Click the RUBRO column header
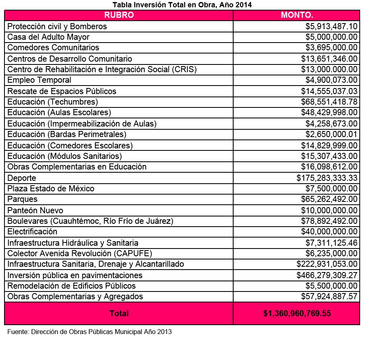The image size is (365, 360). click(119, 15)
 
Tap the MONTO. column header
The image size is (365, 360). click(297, 15)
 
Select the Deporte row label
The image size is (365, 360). click(22, 178)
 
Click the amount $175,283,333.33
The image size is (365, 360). click(327, 178)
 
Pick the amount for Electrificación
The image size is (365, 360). click(329, 231)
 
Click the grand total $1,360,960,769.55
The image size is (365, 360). click(297, 313)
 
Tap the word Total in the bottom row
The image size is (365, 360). click(119, 313)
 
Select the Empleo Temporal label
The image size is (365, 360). click(39, 80)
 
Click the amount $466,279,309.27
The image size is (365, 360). click(327, 275)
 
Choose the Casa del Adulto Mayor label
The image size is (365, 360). click(48, 37)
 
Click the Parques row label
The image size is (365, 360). click(22, 199)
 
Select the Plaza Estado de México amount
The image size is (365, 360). click(331, 189)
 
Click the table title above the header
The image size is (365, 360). click(182, 5)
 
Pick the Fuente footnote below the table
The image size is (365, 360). click(90, 332)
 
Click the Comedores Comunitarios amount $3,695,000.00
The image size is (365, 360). click(331, 47)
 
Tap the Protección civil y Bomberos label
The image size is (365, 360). click(57, 26)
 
